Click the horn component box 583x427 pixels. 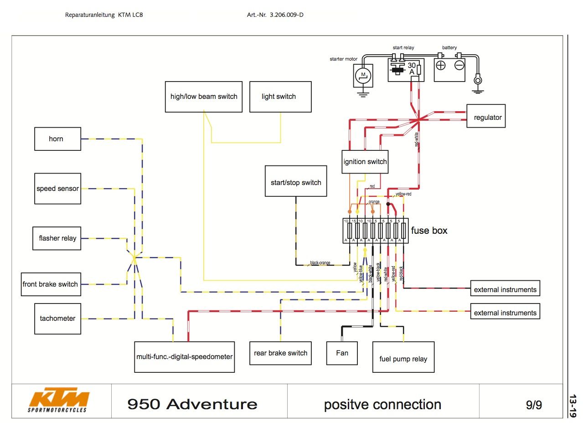coord(57,139)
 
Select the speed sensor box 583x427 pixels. coord(57,189)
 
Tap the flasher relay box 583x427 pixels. coord(57,238)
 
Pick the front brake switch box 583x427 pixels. coord(50,284)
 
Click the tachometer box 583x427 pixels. coord(57,319)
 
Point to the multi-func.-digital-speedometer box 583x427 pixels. coord(185,357)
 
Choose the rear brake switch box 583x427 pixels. coord(280,353)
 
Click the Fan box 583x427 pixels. coord(342,353)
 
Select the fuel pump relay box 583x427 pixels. coord(403,359)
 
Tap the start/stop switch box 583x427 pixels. coord(296,183)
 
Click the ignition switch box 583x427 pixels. coord(365,162)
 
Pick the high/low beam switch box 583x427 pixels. coord(204,97)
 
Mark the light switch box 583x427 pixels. coord(280,97)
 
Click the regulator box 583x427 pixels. coord(487,118)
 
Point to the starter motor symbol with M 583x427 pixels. coord(363,74)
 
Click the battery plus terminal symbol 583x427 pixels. coord(441,65)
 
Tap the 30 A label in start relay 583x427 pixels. coord(412,68)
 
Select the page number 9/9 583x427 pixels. coord(534,405)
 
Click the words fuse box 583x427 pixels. coord(429,231)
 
